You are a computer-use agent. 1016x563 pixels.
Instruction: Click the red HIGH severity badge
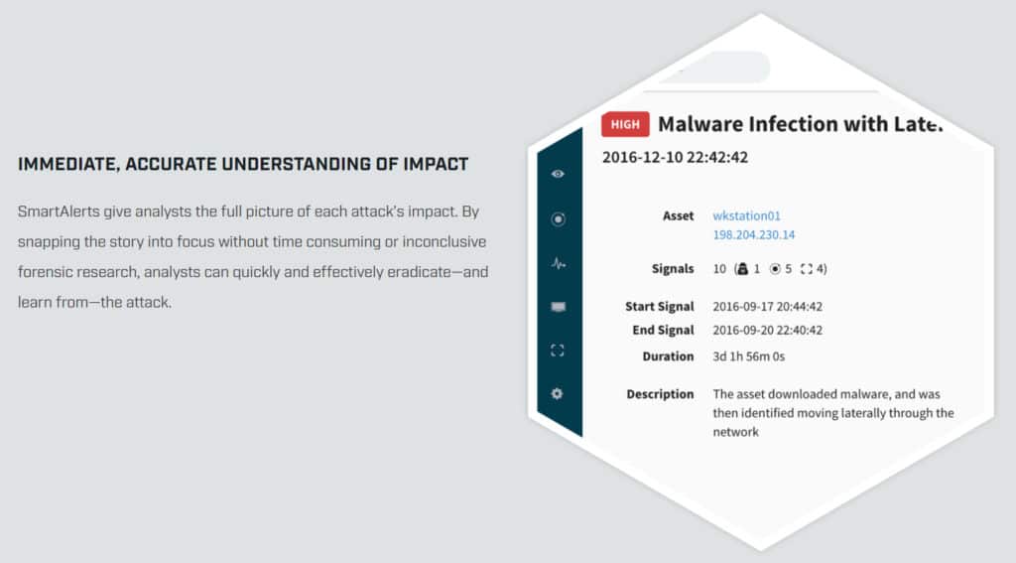[625, 124]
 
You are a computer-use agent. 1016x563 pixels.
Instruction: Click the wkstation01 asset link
[746, 216]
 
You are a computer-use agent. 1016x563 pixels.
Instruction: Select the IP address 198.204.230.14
[754, 234]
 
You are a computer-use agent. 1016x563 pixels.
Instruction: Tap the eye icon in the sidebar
[558, 174]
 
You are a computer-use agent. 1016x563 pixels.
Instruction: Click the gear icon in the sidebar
[557, 394]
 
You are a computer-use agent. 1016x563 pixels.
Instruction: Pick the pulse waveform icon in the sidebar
[558, 263]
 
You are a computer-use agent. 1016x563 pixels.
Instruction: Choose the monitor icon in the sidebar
[558, 307]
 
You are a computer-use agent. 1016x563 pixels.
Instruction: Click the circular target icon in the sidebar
[558, 219]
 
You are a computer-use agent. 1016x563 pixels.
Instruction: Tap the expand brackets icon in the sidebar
[558, 351]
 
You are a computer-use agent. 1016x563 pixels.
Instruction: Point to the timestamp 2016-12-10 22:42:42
[675, 158]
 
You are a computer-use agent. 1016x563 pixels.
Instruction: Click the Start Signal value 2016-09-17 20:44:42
[767, 307]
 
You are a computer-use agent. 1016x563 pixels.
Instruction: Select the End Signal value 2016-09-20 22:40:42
[767, 330]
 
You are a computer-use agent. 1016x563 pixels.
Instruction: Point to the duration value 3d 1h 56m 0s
[748, 356]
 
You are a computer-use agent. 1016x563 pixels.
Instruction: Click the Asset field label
[678, 216]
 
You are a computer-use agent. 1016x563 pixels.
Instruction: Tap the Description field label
[660, 394]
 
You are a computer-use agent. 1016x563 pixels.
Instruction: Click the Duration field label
[668, 356]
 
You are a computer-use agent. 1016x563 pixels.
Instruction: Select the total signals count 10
[719, 269]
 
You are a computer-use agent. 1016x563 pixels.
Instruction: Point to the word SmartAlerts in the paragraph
[59, 212]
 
